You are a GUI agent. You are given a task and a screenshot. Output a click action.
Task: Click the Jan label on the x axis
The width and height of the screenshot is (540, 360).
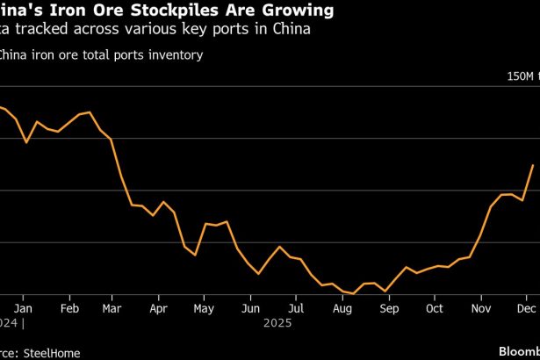[24, 309]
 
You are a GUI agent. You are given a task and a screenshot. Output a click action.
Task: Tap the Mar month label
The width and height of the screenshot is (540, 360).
[112, 309]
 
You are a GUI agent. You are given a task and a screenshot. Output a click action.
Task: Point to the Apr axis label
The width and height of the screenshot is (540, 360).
[159, 309]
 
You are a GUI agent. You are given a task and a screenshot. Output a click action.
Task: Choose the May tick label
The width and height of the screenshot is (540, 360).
[204, 309]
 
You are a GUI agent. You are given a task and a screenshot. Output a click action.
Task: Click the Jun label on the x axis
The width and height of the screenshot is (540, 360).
[250, 309]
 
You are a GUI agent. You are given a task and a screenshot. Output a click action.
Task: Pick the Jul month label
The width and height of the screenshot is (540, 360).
[297, 309]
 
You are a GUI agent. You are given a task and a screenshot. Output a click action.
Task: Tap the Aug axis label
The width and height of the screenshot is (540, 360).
[342, 309]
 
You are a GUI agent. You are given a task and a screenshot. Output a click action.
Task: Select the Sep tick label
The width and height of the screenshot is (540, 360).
[388, 309]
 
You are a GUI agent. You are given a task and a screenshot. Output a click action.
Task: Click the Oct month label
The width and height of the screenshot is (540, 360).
[435, 309]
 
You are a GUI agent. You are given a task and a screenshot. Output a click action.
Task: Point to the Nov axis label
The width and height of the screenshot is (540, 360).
[480, 309]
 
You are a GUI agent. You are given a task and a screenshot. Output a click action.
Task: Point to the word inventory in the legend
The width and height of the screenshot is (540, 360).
[178, 55]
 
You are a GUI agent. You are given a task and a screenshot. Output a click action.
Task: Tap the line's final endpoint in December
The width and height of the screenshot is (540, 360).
[533, 165]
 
